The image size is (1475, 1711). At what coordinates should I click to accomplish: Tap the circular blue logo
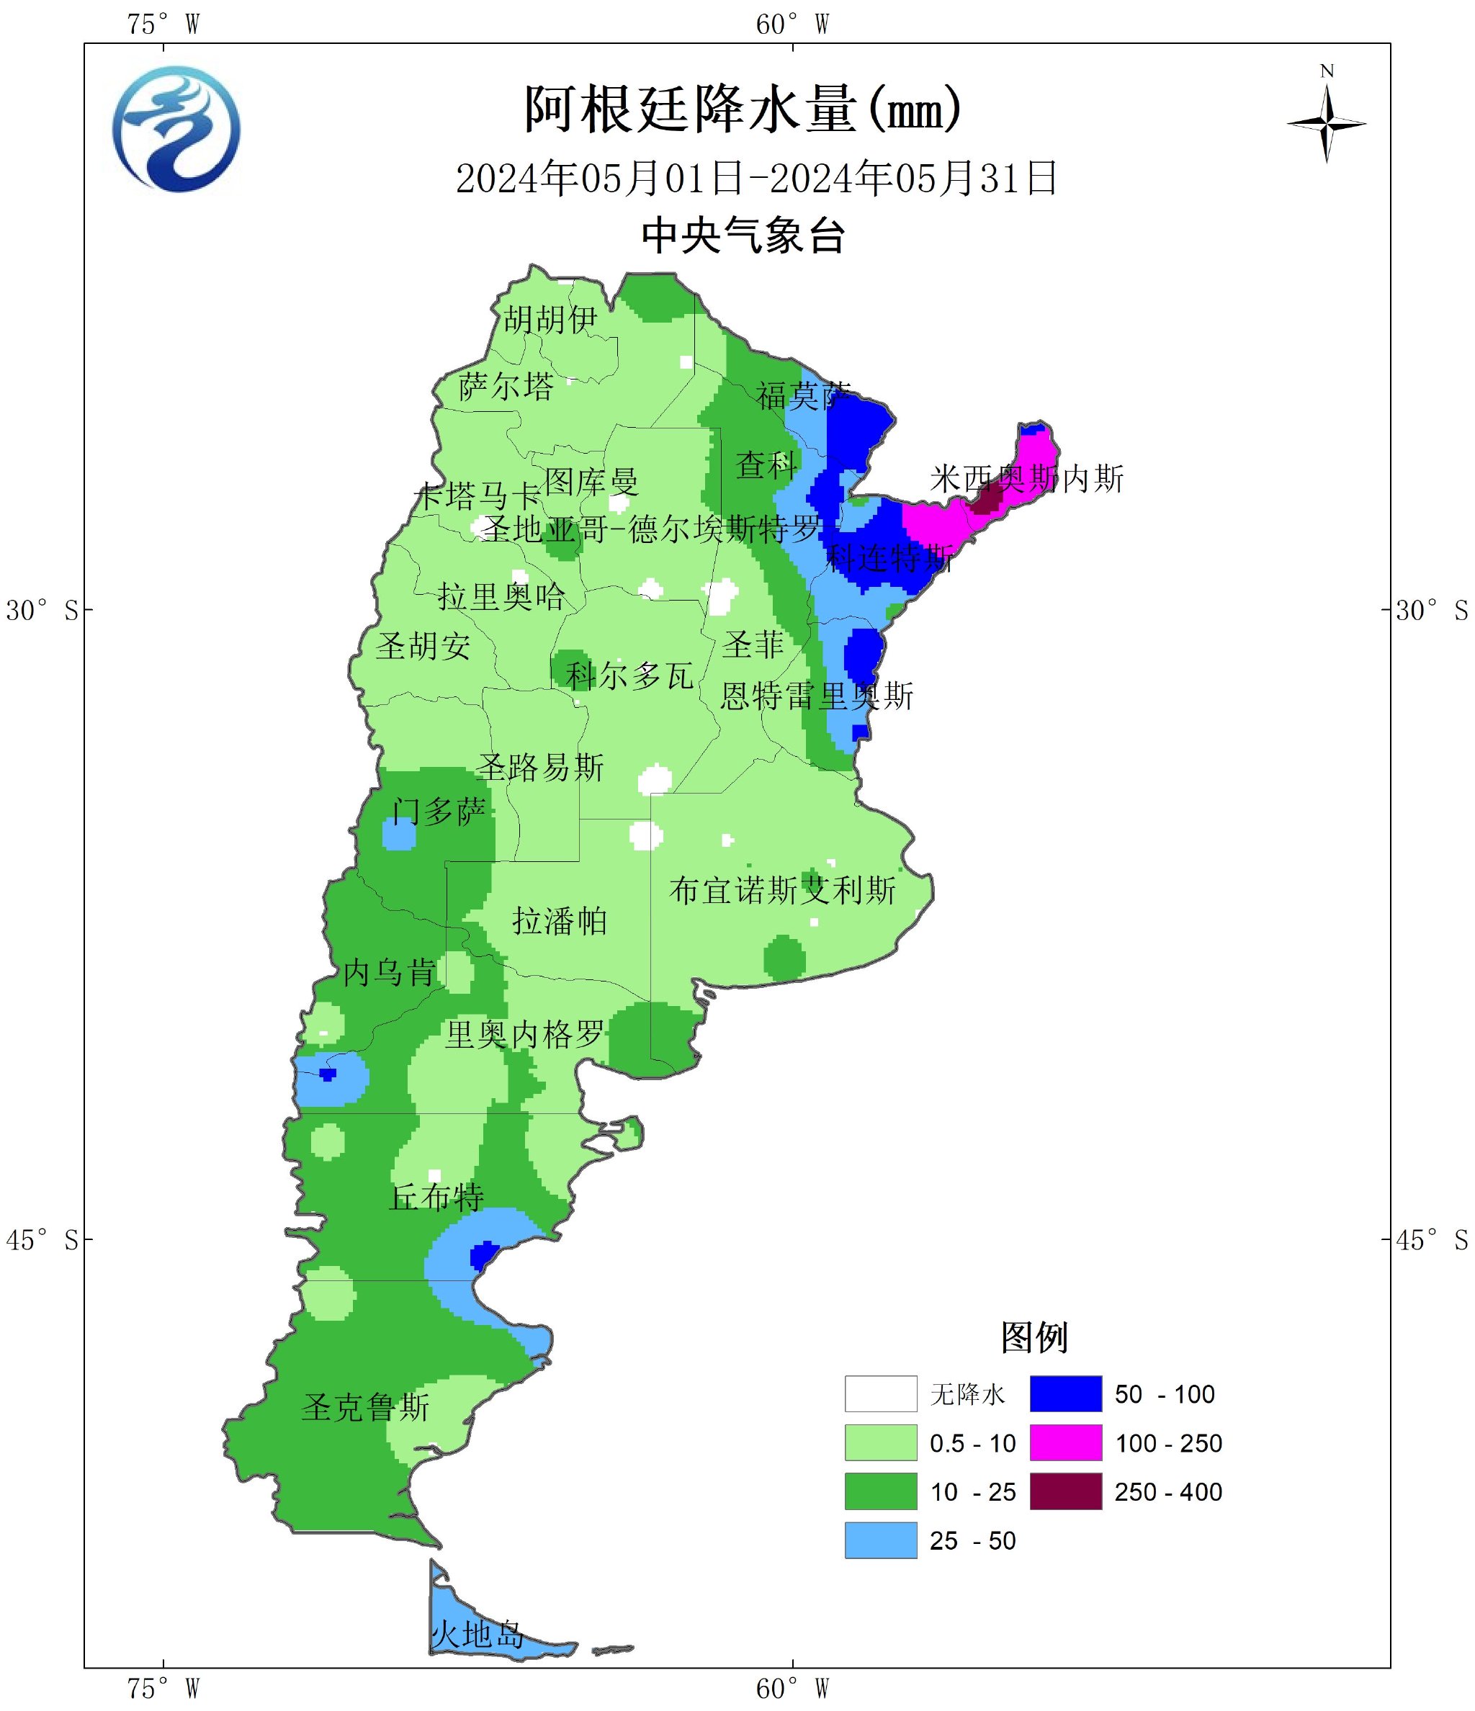coord(176,130)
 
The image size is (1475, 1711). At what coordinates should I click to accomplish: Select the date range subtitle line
coord(756,179)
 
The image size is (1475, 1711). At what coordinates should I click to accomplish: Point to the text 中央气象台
coord(743,236)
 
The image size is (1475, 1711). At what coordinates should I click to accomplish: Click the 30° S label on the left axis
coord(41,611)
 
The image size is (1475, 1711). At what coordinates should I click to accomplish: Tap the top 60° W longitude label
coord(792,24)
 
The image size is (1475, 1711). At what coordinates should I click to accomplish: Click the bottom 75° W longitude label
coord(163,1689)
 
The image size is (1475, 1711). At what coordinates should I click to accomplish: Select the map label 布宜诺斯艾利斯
coord(782,890)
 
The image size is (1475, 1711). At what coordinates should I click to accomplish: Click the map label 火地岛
coord(478,1633)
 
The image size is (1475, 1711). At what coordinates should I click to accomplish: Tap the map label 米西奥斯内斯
coord(1026,479)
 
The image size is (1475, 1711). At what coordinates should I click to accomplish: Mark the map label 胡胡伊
coord(550,319)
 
